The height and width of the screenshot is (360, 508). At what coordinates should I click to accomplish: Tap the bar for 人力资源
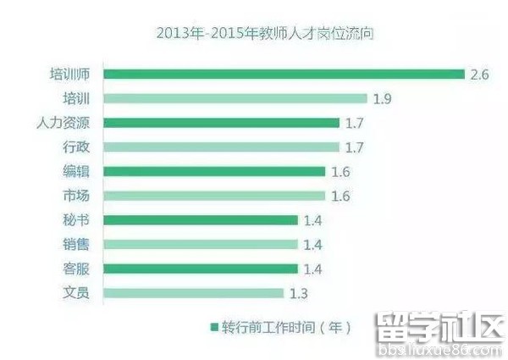pyautogui.click(x=221, y=123)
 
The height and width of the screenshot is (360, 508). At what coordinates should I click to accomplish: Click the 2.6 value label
pyautogui.click(x=479, y=74)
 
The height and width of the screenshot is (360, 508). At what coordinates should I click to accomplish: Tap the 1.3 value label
pyautogui.click(x=297, y=293)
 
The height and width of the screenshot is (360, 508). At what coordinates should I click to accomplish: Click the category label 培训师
pyautogui.click(x=69, y=74)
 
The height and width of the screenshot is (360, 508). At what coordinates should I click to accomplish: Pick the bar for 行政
pyautogui.click(x=221, y=147)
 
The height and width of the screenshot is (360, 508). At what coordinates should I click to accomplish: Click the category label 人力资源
pyautogui.click(x=63, y=123)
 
